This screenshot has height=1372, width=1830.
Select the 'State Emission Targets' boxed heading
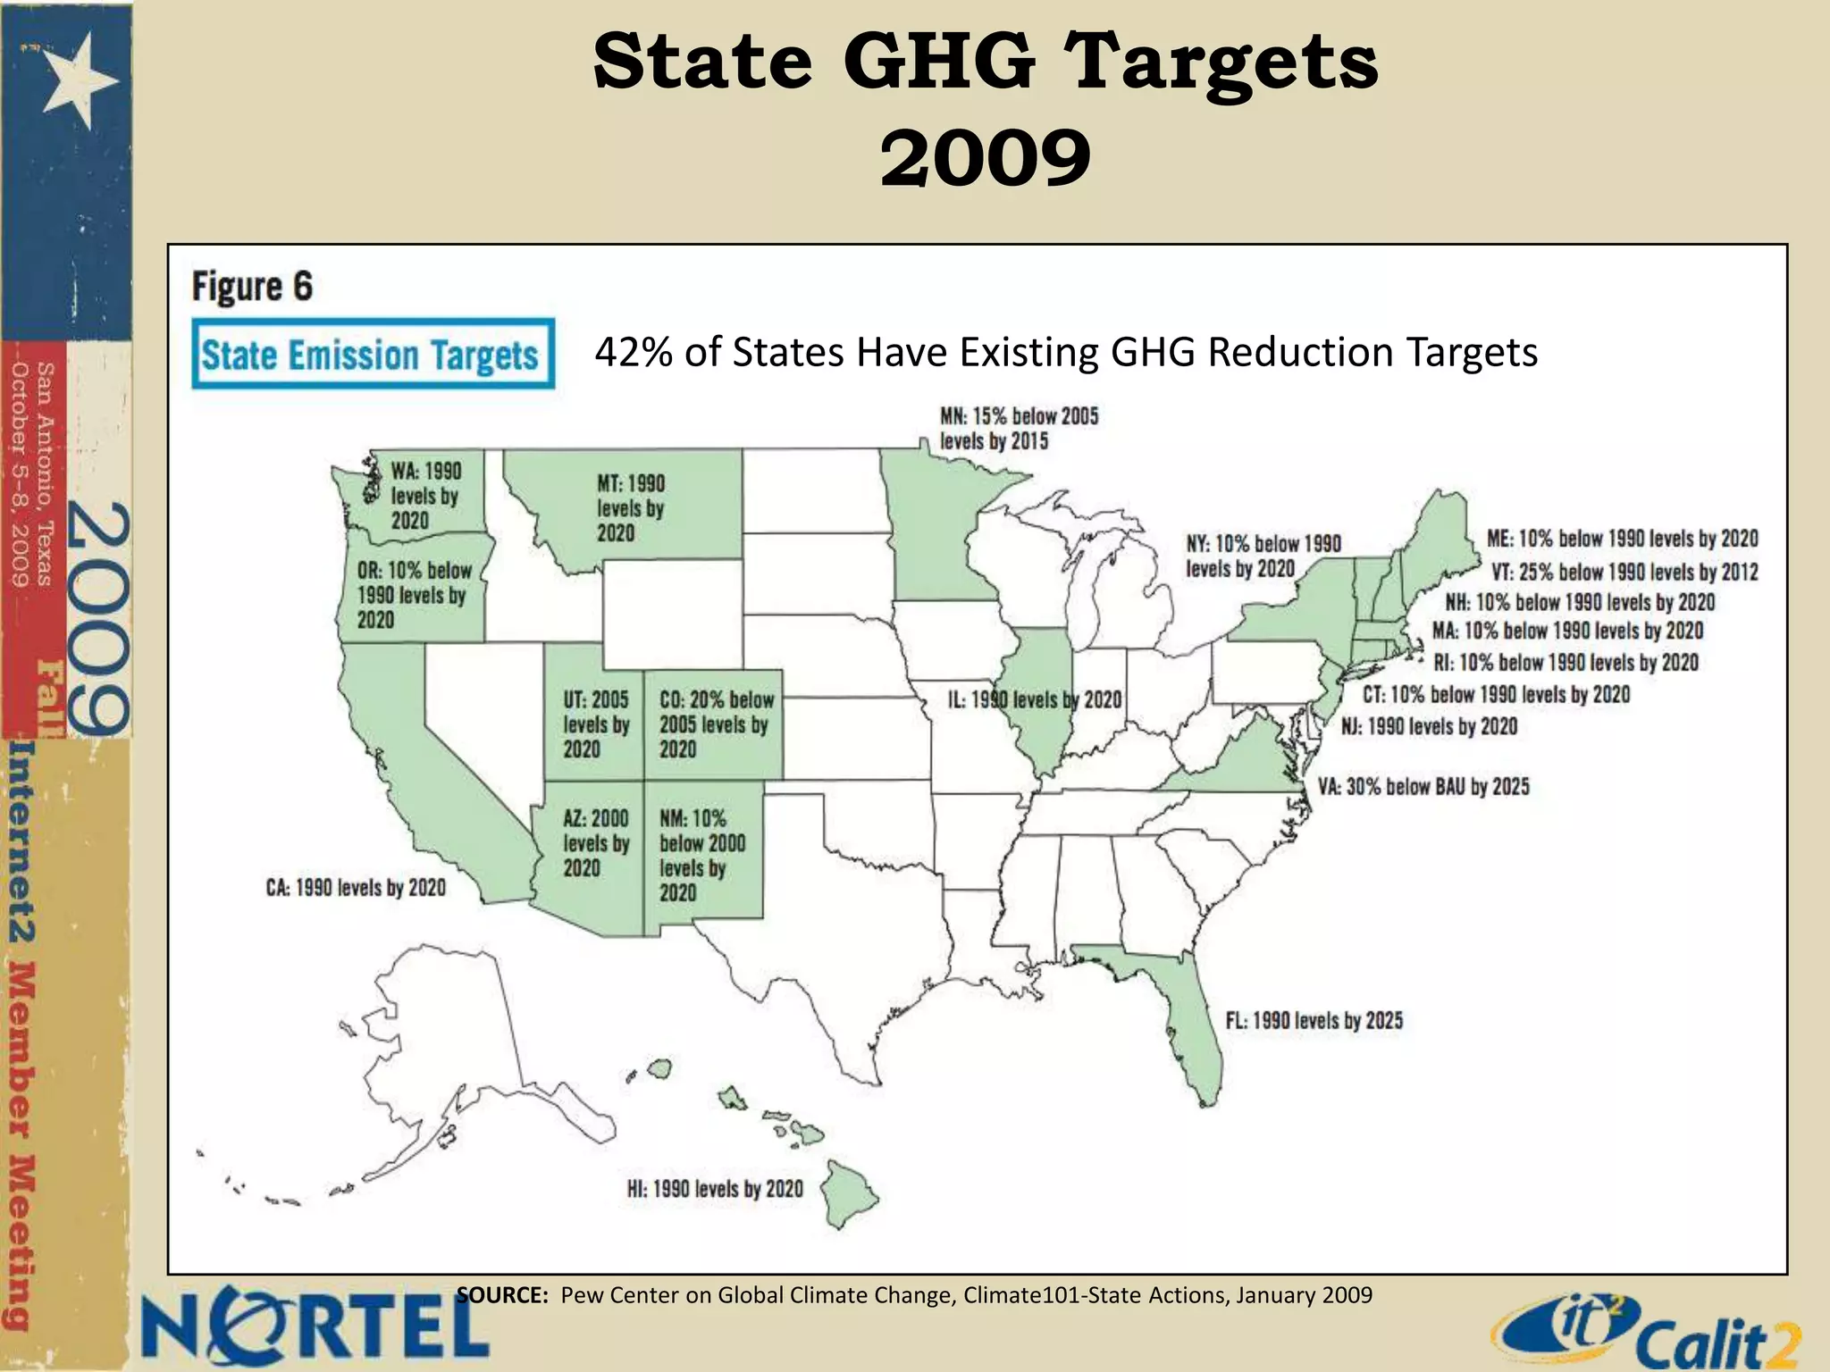pyautogui.click(x=373, y=355)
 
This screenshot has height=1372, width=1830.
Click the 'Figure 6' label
pyautogui.click(x=253, y=287)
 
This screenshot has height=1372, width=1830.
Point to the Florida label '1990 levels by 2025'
pyautogui.click(x=1314, y=1020)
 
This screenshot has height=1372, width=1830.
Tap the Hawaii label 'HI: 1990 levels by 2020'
pyautogui.click(x=715, y=1189)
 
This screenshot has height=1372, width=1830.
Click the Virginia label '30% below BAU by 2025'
pyautogui.click(x=1423, y=787)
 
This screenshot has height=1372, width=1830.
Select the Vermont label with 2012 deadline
pyautogui.click(x=1624, y=572)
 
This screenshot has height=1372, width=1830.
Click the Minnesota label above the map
pyautogui.click(x=1019, y=429)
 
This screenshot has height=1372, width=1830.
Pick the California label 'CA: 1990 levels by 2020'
pyautogui.click(x=356, y=888)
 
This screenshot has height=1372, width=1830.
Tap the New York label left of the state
pyautogui.click(x=1263, y=556)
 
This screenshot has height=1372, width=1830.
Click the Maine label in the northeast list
pyautogui.click(x=1622, y=539)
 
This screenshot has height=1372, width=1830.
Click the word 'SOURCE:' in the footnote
pyautogui.click(x=501, y=1295)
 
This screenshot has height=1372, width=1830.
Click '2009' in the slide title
pyautogui.click(x=985, y=158)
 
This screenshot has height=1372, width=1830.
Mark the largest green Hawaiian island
pyautogui.click(x=849, y=1192)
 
